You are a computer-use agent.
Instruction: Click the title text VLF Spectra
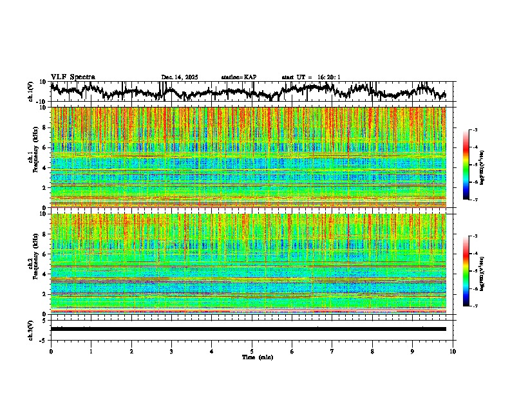click(x=73, y=77)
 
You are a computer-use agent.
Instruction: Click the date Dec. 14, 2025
click(x=180, y=77)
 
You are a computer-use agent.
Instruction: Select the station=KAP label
click(x=238, y=77)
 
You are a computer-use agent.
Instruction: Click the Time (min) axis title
click(x=257, y=357)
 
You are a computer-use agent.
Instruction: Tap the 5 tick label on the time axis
click(x=252, y=352)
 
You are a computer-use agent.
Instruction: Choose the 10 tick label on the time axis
click(x=453, y=352)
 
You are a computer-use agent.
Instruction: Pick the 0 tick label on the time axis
click(x=51, y=352)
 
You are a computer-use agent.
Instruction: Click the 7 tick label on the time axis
click(x=332, y=352)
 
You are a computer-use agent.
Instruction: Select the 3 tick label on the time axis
click(x=171, y=352)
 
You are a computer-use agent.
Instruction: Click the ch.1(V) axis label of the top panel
click(x=31, y=91)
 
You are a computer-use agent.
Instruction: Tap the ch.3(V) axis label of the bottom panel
click(x=31, y=328)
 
